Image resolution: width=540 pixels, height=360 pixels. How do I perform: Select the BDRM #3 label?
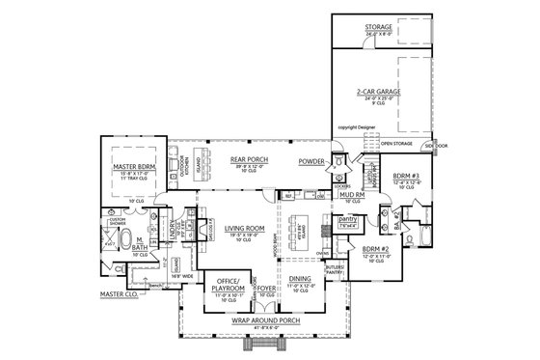pyautogui.click(x=407, y=175)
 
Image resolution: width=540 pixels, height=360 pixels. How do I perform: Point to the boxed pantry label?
pyautogui.click(x=348, y=220)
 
